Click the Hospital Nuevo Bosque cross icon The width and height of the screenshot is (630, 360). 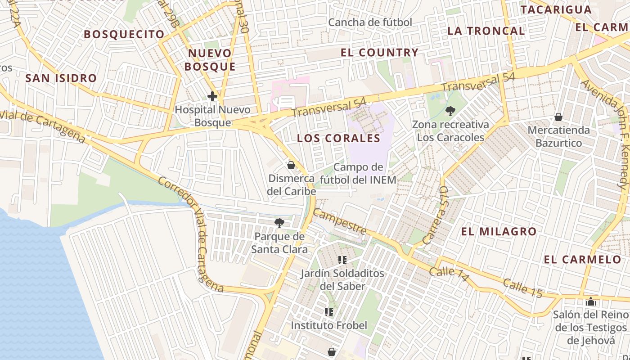[212, 96]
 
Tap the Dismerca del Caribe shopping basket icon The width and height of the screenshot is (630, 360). [291, 165]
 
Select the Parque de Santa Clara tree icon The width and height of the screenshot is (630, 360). [279, 223]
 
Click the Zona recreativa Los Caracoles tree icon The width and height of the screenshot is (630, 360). [450, 111]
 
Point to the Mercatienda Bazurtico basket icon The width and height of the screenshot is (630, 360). [558, 117]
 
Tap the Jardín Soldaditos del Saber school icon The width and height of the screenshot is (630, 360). [342, 260]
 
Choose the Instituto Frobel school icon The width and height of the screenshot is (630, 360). [329, 312]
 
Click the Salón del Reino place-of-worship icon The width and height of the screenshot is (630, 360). [591, 301]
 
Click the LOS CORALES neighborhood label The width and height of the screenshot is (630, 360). [338, 138]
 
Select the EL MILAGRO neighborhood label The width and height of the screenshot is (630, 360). [499, 232]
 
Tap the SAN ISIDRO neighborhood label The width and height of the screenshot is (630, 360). [61, 78]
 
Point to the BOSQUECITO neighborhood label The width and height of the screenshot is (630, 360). [124, 34]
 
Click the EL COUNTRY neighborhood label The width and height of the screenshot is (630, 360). [380, 53]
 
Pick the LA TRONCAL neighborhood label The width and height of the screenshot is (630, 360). [486, 31]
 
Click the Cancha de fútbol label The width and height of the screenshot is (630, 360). [370, 22]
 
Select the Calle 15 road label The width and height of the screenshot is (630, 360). [522, 288]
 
